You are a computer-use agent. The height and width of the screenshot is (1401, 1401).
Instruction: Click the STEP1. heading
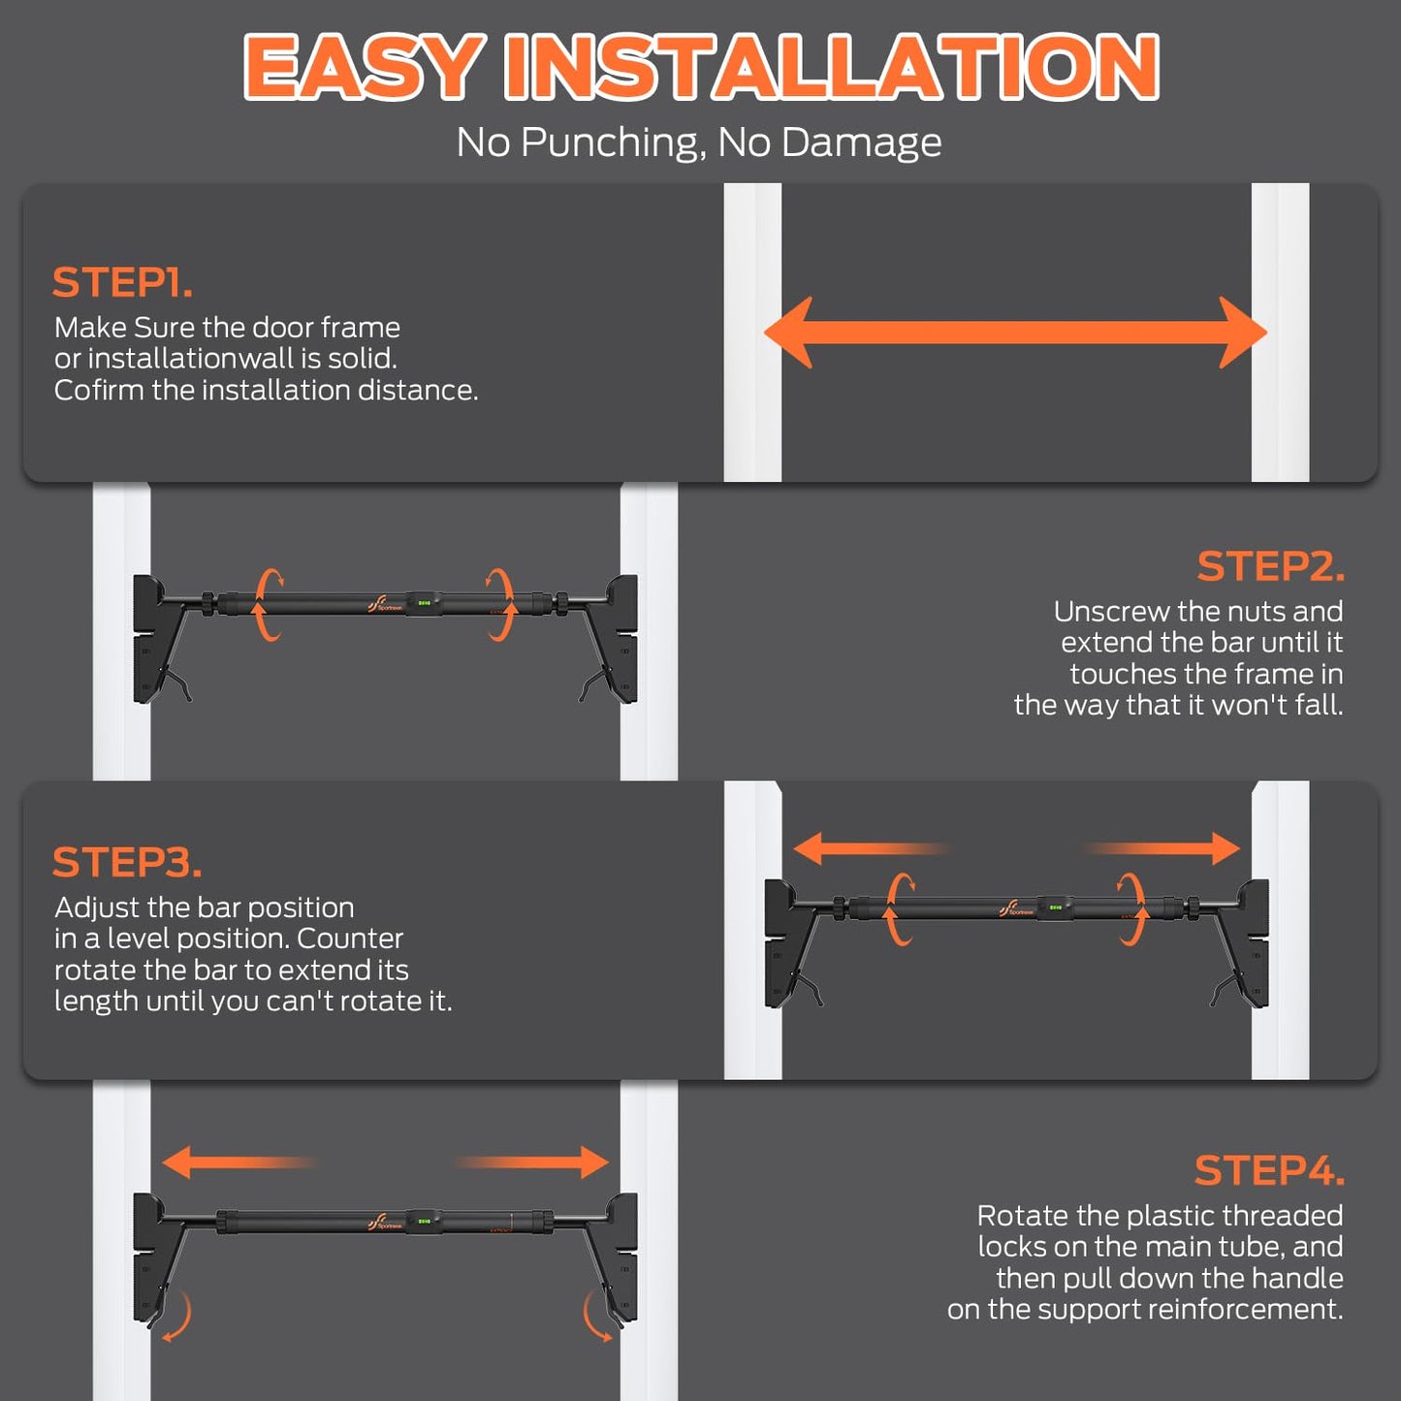pos(122,283)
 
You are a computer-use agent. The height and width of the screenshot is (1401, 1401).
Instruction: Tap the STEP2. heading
pos(1271,566)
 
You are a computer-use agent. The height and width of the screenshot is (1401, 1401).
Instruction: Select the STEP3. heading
pos(126,862)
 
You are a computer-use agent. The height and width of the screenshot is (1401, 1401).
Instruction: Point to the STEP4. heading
pos(1269,1170)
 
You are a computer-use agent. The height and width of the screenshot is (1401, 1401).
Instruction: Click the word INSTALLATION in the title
pos(832,66)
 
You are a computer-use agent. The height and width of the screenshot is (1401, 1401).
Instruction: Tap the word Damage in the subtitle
pos(862,143)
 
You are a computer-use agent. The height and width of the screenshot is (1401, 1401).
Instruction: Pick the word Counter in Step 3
pos(350,939)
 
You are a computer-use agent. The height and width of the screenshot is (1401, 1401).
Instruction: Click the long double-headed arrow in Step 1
pos(1015,333)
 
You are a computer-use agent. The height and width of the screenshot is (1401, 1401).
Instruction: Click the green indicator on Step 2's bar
pos(424,603)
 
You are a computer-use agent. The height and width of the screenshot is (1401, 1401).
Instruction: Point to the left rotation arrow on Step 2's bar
pos(268,605)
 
